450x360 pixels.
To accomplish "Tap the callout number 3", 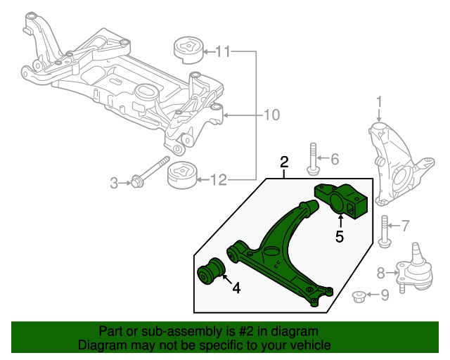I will pos(114,184).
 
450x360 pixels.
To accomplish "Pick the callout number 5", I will pos(340,236).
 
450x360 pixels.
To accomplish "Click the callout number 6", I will pos(334,159).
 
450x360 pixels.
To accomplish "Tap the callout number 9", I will pos(384,296).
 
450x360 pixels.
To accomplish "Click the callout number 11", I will pos(222,51).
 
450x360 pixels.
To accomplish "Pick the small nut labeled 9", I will pos(359,296).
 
